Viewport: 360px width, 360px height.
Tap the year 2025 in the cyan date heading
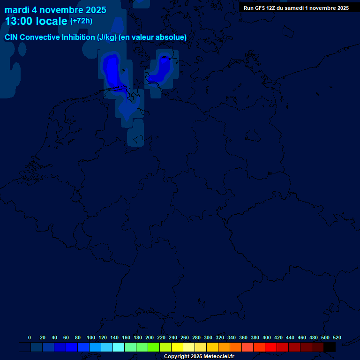pyautogui.click(x=96, y=10)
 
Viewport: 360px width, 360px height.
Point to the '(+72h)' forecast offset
pyautogui.click(x=81, y=21)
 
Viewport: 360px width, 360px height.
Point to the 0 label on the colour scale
pyautogui.click(x=30, y=337)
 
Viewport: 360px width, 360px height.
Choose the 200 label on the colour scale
pyautogui.click(x=149, y=337)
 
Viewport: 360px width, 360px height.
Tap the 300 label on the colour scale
pyautogui.click(x=208, y=337)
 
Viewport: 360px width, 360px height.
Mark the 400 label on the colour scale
pyautogui.click(x=267, y=337)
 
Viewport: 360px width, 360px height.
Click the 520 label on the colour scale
pyautogui.click(x=337, y=337)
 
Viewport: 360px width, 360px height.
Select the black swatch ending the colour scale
pyautogui.click(x=330, y=347)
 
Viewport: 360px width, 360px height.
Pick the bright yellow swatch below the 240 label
pyautogui.click(x=177, y=347)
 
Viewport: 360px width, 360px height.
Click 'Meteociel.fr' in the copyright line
pyautogui.click(x=218, y=357)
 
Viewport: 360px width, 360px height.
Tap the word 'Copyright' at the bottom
pyautogui.click(x=176, y=357)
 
